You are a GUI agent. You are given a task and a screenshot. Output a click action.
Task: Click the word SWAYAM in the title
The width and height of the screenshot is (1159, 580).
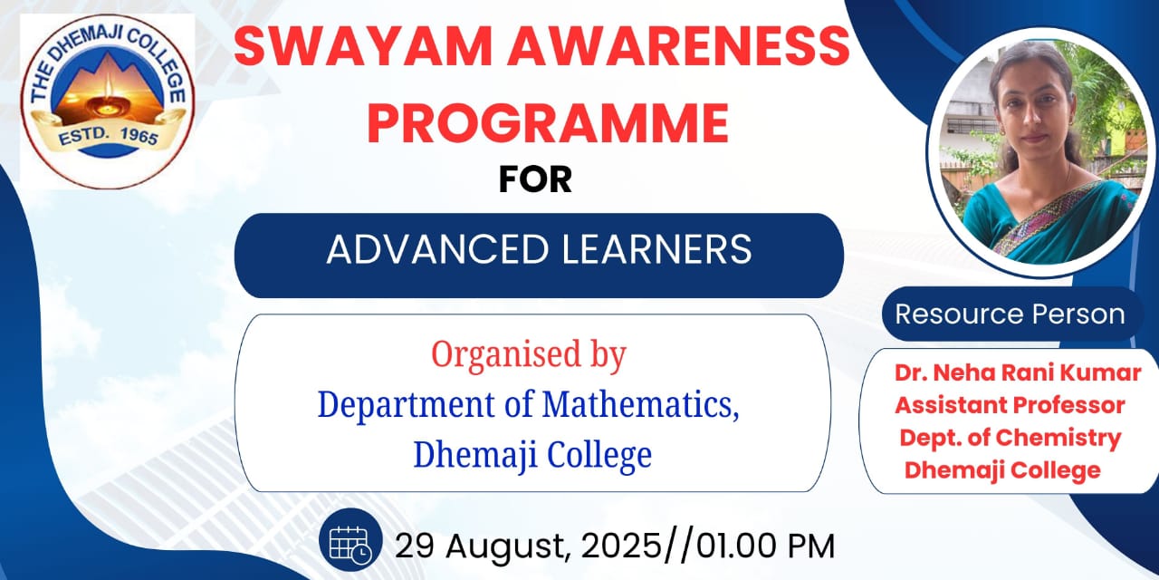click(x=363, y=46)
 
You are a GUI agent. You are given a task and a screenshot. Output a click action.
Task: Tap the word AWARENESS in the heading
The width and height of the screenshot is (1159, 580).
click(x=678, y=46)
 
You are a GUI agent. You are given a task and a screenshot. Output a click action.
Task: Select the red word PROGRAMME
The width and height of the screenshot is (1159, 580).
click(x=548, y=123)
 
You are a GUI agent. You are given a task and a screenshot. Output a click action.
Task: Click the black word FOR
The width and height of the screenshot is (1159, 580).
click(x=535, y=179)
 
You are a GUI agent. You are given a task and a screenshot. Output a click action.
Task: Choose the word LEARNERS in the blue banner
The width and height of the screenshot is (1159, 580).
click(x=656, y=249)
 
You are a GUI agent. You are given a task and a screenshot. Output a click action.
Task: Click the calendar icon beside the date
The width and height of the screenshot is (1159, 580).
click(x=350, y=540)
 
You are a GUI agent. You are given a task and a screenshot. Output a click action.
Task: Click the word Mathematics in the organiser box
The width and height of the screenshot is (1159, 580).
click(x=640, y=404)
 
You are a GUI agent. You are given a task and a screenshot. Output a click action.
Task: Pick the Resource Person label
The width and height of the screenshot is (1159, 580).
click(x=1010, y=314)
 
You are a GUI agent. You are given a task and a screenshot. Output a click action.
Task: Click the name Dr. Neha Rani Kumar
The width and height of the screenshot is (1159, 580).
click(x=1018, y=372)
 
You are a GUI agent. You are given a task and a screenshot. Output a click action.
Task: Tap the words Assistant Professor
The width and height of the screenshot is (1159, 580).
click(x=1010, y=405)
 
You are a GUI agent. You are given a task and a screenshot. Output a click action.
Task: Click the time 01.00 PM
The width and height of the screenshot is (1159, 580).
click(x=766, y=546)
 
